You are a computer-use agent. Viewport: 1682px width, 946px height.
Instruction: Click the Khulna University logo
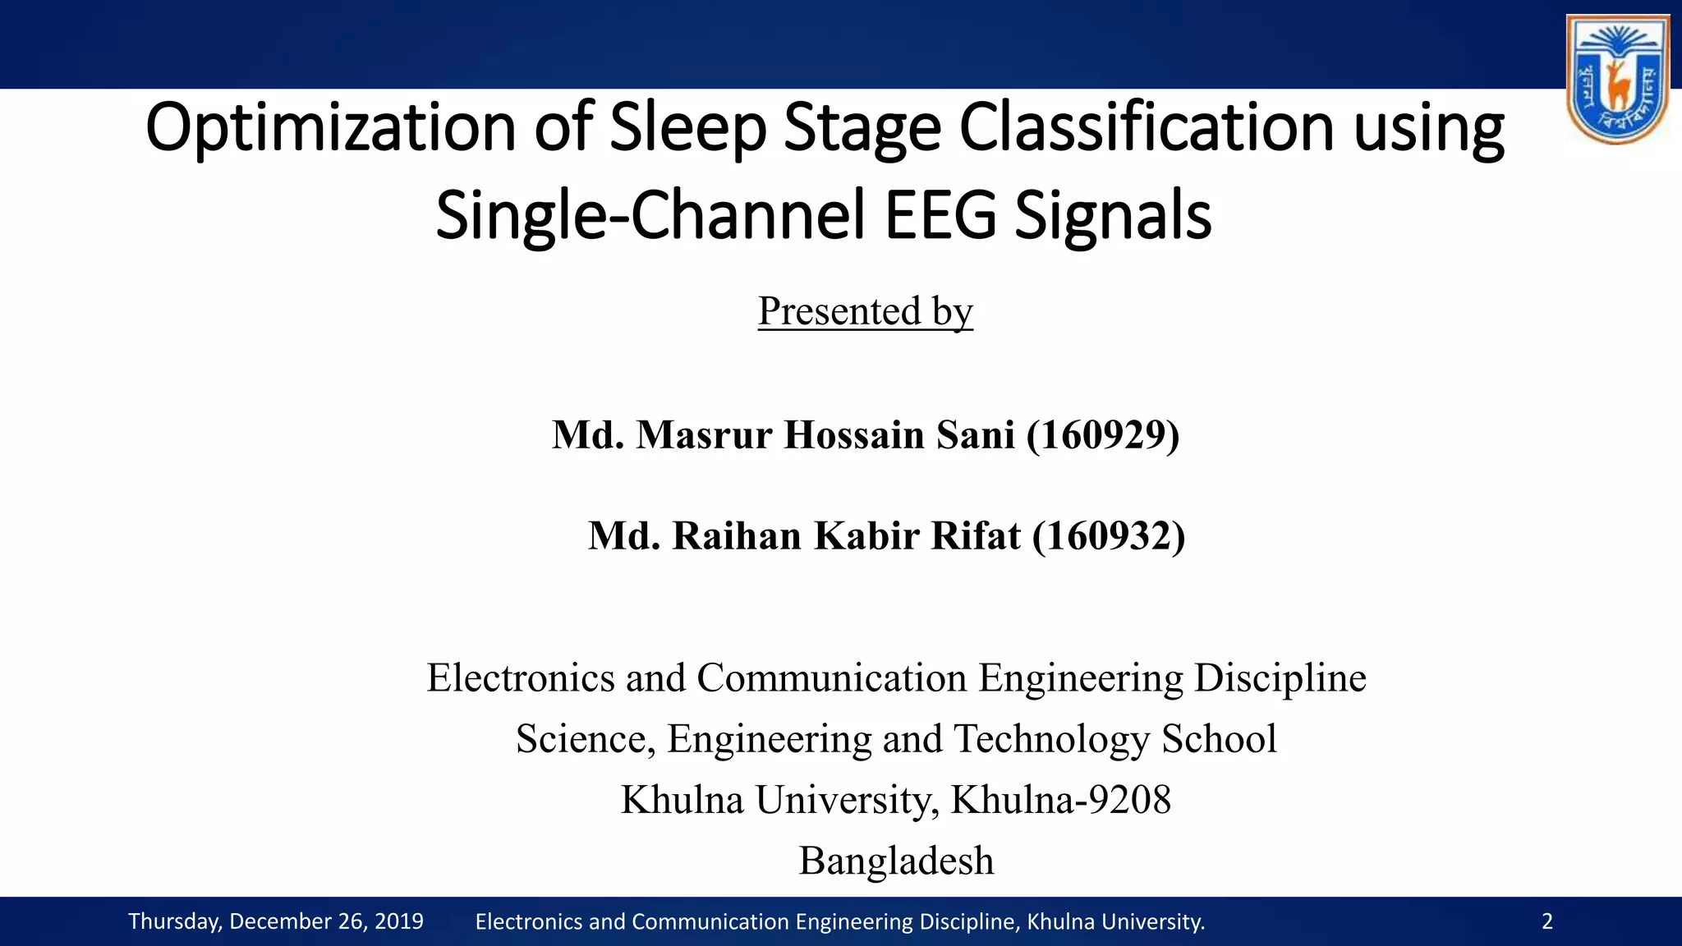point(1617,79)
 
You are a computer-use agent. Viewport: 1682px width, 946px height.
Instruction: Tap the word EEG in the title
point(940,215)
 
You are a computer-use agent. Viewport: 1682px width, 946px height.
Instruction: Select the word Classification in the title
point(1147,128)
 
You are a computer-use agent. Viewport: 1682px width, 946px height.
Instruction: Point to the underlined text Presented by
point(865,311)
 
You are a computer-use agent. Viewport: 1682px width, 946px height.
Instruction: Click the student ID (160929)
point(1103,434)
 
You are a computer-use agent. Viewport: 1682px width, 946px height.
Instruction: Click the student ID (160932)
point(1109,535)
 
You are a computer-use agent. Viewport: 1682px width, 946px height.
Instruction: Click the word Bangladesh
point(896,861)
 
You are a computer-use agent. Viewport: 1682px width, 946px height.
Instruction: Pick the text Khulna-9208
point(1060,799)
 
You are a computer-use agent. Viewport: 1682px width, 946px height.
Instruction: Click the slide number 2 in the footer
point(1547,921)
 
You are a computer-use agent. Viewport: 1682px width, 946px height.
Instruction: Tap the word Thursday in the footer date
point(175,921)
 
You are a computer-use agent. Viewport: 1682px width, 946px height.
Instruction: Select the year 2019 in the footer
point(398,921)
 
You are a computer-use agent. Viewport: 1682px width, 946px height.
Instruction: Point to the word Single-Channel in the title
point(650,215)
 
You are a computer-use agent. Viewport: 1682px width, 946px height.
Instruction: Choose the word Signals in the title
point(1113,215)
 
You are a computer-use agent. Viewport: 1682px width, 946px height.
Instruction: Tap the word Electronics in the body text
point(521,677)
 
